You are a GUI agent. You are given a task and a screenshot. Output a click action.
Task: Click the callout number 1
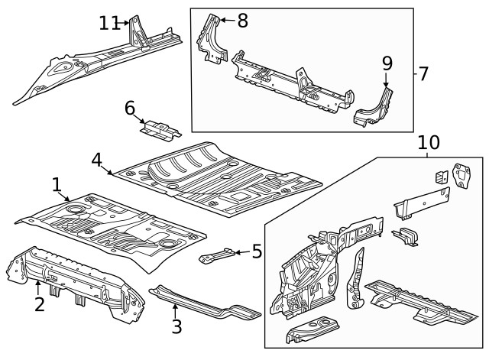click(57, 184)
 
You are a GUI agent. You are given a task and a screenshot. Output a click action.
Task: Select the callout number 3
click(176, 327)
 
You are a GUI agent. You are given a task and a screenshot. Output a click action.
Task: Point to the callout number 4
click(97, 160)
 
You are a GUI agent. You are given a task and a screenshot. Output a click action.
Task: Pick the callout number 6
click(131, 108)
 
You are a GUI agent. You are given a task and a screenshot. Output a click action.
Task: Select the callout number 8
click(242, 21)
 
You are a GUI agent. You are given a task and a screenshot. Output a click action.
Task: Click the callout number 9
click(387, 62)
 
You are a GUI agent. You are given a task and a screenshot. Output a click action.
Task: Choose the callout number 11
click(109, 23)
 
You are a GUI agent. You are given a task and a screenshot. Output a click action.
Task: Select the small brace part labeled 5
click(218, 255)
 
